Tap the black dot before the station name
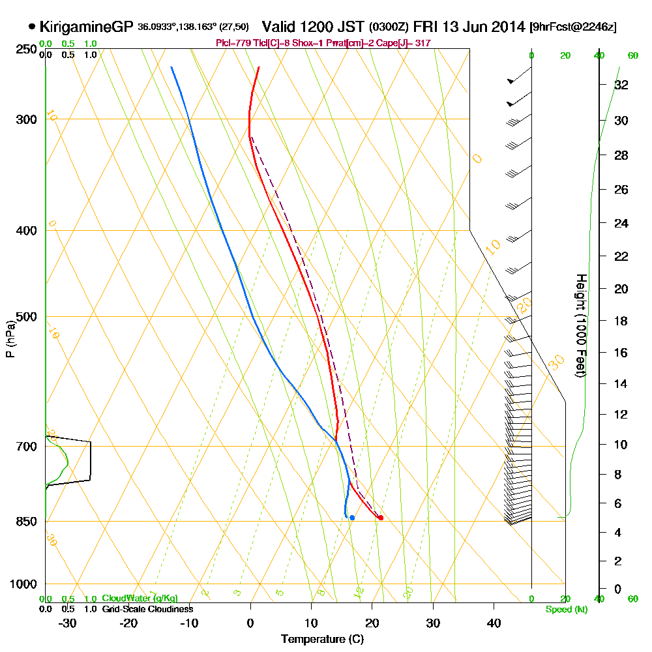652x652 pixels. tap(32, 27)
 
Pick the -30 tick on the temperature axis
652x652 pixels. tap(68, 623)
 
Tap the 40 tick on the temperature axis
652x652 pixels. tap(494, 623)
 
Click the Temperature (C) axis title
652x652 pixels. tap(322, 640)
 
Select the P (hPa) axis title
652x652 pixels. tap(10, 338)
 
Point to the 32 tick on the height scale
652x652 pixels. tap(622, 84)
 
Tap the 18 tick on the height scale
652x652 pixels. tap(622, 321)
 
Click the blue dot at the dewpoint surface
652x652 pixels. tap(352, 518)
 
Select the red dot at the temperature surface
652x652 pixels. tap(381, 518)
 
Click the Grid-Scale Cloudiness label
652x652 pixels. tap(147, 609)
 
